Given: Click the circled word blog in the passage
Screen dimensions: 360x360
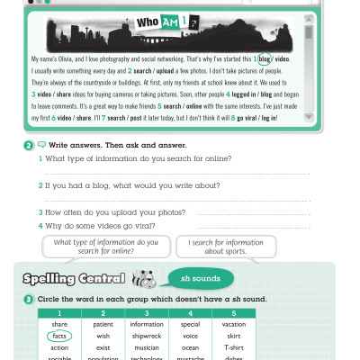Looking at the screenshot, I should coord(264,58).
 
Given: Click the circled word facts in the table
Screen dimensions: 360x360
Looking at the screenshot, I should coord(60,335).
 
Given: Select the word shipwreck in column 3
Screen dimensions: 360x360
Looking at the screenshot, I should coord(147,335).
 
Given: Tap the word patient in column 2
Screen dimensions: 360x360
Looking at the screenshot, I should coord(103,324).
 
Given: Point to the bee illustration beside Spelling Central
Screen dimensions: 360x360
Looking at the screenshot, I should coord(144,278).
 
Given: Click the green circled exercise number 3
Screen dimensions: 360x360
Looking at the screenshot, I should coord(30,298).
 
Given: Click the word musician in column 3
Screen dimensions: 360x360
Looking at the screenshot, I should coord(147,346).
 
